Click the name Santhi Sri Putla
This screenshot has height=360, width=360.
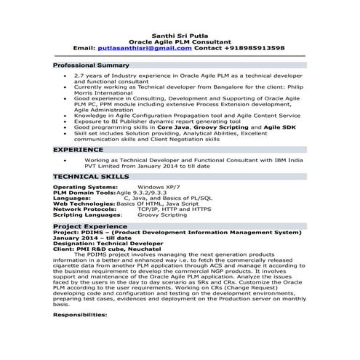[x=180, y=34]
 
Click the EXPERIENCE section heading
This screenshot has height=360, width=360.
[x=79, y=148]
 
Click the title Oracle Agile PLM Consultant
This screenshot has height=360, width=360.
[x=180, y=41]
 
